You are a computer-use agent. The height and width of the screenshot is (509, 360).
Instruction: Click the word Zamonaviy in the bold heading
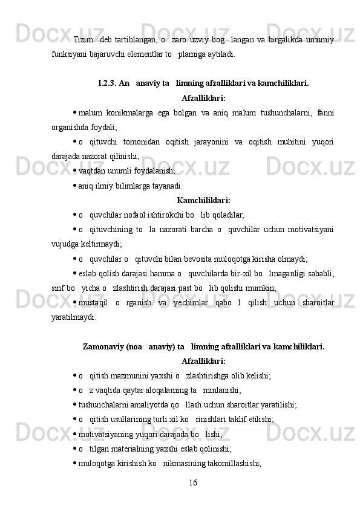tap(103, 346)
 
